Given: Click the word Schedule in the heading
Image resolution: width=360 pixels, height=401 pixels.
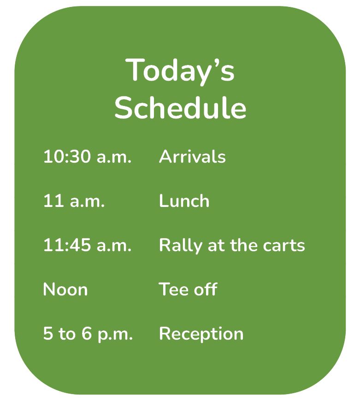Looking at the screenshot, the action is (180, 107).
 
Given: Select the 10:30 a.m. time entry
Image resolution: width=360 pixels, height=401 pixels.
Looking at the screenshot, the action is (88, 157).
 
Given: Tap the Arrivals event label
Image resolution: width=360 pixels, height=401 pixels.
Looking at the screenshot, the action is (192, 157).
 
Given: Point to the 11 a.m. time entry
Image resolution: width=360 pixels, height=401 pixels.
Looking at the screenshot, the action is (74, 201).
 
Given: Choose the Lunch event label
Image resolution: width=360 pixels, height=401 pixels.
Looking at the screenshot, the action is (184, 201).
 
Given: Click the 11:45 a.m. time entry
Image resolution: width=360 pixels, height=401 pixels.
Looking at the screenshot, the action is (88, 245).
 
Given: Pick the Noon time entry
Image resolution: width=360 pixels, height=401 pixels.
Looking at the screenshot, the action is (65, 289).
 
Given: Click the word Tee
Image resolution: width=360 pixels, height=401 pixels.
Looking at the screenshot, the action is (174, 289).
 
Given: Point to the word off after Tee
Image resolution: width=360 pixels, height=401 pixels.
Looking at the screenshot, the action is (206, 289).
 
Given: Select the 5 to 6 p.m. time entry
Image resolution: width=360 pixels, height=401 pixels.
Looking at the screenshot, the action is (88, 334).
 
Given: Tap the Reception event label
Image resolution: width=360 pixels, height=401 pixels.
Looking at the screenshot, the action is (201, 334).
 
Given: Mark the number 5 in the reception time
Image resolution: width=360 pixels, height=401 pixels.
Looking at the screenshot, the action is (48, 334).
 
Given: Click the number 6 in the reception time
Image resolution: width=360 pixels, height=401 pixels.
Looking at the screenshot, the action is (87, 334).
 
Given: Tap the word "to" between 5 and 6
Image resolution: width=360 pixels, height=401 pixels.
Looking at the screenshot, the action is (67, 334).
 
